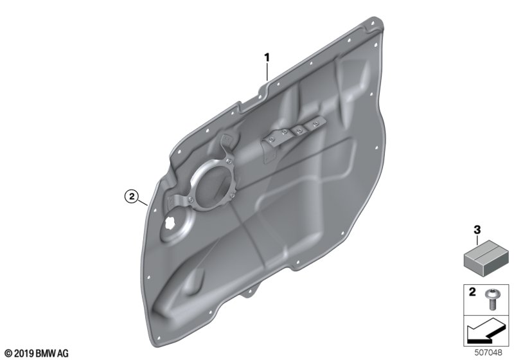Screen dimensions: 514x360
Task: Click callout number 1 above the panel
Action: [x=267, y=58]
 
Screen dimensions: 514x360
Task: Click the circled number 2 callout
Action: [x=132, y=197]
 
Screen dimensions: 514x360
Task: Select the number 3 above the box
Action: [x=477, y=230]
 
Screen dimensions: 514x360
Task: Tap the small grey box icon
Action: [x=486, y=256]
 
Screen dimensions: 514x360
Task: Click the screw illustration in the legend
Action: [x=492, y=300]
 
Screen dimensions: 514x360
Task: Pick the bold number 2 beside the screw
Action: [x=472, y=292]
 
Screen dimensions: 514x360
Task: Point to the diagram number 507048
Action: [x=488, y=352]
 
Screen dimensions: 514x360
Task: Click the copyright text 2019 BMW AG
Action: [x=37, y=354]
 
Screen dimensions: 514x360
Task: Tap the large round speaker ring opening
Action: [x=213, y=184]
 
